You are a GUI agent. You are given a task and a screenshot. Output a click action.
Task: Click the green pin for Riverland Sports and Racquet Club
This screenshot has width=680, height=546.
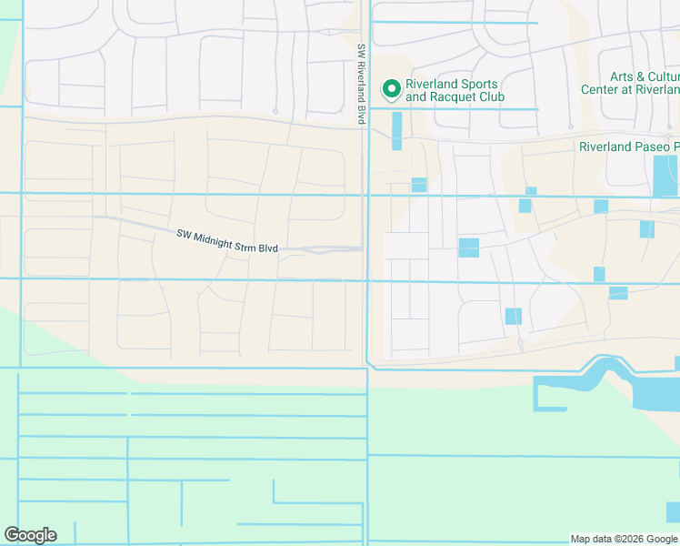point(392,89)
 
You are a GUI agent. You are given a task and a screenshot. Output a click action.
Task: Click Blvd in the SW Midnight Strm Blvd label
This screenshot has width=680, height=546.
point(279,248)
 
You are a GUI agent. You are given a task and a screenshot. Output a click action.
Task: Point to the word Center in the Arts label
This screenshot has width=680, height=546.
point(600,89)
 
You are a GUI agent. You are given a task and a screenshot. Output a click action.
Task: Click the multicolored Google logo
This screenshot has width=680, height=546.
point(30,535)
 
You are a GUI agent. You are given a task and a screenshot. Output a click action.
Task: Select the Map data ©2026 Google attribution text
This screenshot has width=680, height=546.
point(624,539)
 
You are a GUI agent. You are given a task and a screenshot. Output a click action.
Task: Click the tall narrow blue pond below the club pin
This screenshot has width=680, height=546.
point(396,131)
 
